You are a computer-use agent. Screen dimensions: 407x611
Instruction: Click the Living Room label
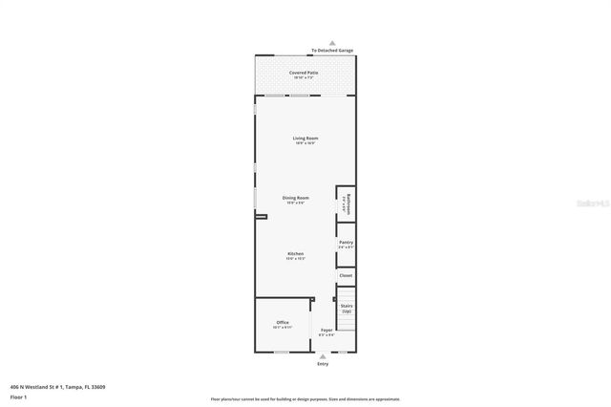coord(305,139)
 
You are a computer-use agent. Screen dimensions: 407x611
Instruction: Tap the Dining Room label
coord(295,198)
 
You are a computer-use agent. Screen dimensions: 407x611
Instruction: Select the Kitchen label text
coord(296,253)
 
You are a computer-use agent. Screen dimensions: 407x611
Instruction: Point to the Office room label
coord(283,323)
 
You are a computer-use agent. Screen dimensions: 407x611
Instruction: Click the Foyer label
coord(326,331)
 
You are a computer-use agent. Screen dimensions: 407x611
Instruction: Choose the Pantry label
coord(346,243)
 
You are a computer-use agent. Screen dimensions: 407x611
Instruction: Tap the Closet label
coord(346,275)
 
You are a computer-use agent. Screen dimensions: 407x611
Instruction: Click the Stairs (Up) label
coord(347,308)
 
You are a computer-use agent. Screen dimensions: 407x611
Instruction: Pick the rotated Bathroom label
coord(348,203)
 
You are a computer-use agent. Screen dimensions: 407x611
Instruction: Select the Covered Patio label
coord(305,73)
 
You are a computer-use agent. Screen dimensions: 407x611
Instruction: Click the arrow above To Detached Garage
coord(332,43)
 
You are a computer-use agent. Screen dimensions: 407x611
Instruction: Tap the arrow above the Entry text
coord(323,355)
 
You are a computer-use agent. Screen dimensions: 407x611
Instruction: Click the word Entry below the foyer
coord(323,364)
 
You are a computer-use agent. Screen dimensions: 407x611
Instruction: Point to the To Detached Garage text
coord(332,51)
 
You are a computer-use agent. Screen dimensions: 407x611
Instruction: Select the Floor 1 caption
coord(19,396)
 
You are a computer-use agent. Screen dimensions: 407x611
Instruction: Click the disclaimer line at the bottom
coord(305,399)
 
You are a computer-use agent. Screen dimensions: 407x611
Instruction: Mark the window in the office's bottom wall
coord(282,353)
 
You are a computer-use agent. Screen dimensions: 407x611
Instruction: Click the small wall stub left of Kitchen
coord(260,218)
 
